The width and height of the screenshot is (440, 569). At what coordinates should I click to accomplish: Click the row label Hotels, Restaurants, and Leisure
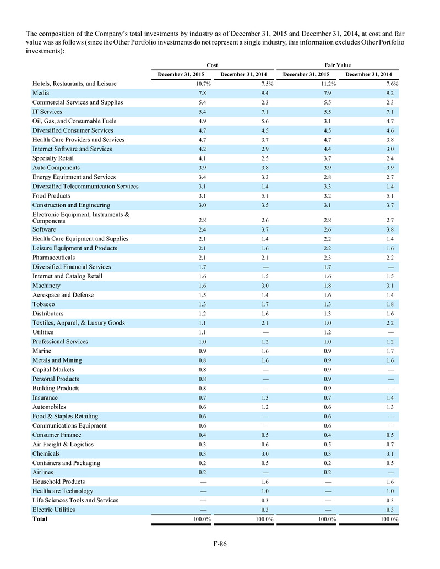coord(74,84)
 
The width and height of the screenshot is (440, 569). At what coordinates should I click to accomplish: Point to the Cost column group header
coord(212,65)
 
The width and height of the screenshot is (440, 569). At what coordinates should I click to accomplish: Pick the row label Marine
coord(43,351)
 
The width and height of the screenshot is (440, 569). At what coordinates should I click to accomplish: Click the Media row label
coord(42,93)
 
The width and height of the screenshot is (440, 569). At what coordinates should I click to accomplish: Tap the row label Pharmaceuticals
coord(54,258)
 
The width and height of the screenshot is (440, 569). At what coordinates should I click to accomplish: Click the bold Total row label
coord(40,519)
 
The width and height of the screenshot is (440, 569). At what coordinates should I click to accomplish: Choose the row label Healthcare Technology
coord(63,491)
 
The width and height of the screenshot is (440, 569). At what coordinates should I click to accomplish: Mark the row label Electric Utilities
coord(54,510)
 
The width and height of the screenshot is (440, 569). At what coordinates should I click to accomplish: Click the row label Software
coord(45,229)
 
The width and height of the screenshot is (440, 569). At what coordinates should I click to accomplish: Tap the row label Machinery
coord(47,286)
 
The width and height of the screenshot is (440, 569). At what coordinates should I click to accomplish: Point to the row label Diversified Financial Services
coord(72,267)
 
